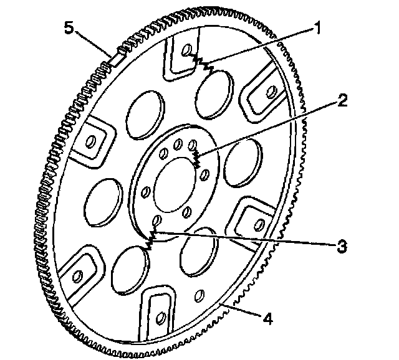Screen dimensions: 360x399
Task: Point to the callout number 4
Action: coord(266,320)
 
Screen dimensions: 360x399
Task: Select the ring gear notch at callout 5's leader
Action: coord(113,58)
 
